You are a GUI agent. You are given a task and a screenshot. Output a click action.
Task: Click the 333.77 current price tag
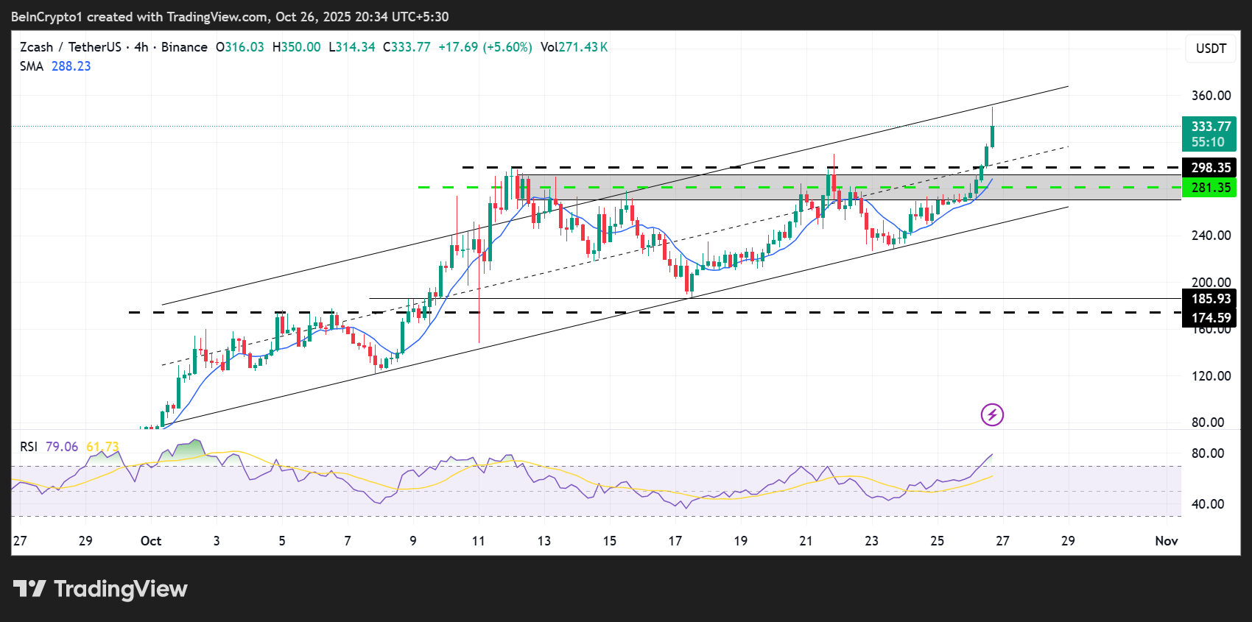1209,127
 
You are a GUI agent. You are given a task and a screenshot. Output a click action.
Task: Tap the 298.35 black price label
1209,168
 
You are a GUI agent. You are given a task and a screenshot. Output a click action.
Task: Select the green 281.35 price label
1209,188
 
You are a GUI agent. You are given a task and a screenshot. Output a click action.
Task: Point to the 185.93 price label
1209,299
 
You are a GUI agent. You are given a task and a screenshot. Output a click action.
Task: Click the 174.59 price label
1209,318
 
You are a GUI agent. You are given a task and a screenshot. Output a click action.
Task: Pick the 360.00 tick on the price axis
1211,96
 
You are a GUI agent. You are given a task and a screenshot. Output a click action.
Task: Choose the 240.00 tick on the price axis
1211,236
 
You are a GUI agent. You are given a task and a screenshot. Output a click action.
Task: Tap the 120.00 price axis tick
1211,376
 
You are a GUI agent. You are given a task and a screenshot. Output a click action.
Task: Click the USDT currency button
1211,49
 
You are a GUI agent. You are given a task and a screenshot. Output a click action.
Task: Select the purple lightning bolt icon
992,415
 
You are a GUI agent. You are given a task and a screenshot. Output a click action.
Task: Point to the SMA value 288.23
71,66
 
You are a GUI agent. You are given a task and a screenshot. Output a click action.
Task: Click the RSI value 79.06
62,447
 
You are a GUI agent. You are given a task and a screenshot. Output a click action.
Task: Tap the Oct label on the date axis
151,541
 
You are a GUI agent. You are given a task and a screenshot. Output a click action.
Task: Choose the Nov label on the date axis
1166,541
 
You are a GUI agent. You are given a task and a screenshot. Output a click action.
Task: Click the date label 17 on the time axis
675,541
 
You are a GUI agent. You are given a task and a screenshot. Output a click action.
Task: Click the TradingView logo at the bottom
100,589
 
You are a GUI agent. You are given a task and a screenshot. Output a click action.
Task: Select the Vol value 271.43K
583,47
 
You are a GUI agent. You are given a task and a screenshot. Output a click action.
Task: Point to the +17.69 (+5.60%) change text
485,47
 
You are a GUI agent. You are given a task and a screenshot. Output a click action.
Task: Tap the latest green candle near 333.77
993,136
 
